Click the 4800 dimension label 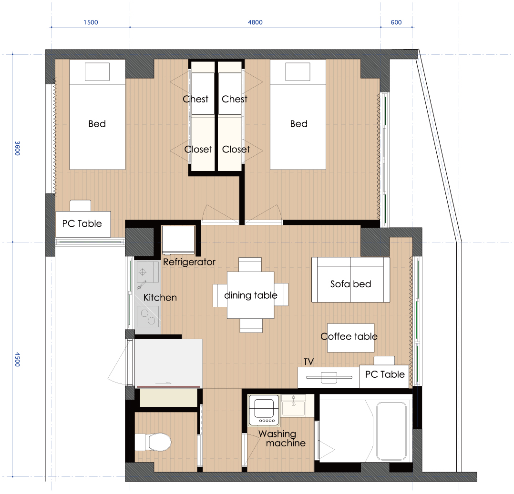(x=255, y=22)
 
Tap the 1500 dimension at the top (x=91, y=22)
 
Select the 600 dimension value (x=396, y=22)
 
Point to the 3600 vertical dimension (x=17, y=149)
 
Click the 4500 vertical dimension (x=17, y=359)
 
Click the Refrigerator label (x=189, y=262)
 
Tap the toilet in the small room (x=153, y=442)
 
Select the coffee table (x=351, y=338)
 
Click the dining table (x=251, y=295)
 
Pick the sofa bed (x=350, y=280)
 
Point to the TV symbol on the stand (x=329, y=377)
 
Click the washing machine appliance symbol (x=264, y=411)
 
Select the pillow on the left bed (x=97, y=72)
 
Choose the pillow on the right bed (x=298, y=72)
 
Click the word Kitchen (x=160, y=297)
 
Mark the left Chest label (x=195, y=99)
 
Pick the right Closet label (x=236, y=150)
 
